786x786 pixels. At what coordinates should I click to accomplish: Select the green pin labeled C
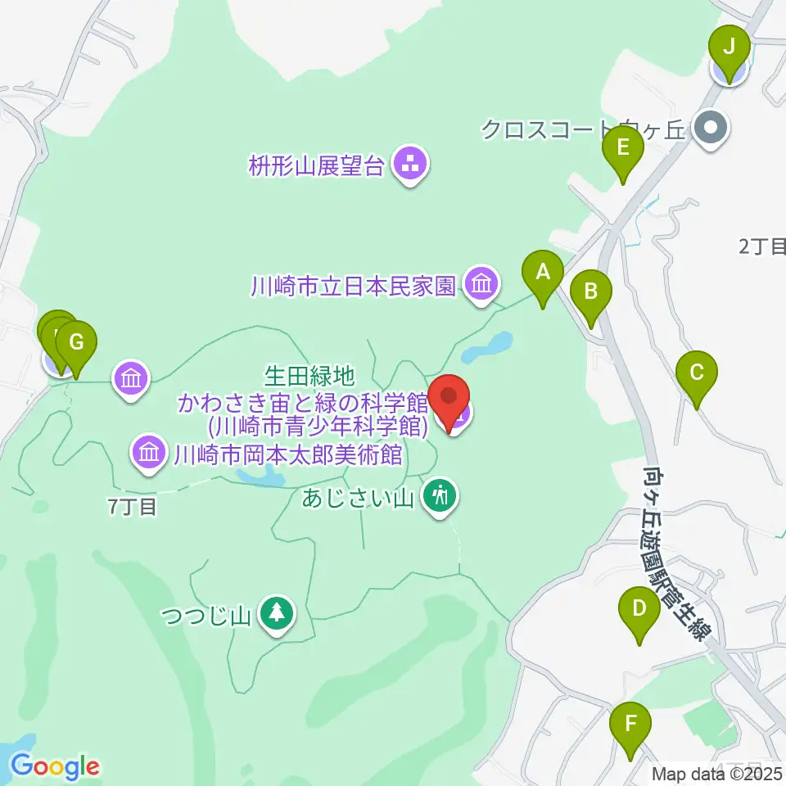pyautogui.click(x=697, y=374)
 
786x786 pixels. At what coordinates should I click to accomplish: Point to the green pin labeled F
pyautogui.click(x=630, y=725)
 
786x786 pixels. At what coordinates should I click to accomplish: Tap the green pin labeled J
pyautogui.click(x=729, y=47)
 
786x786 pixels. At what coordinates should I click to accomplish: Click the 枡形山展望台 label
pyautogui.click(x=316, y=167)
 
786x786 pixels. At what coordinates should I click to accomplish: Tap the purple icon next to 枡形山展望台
pyautogui.click(x=407, y=165)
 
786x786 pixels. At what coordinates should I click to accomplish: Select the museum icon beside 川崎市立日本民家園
pyautogui.click(x=481, y=284)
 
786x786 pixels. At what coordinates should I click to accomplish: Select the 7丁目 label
pyautogui.click(x=131, y=507)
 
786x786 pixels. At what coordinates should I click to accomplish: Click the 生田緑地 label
pyautogui.click(x=309, y=376)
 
